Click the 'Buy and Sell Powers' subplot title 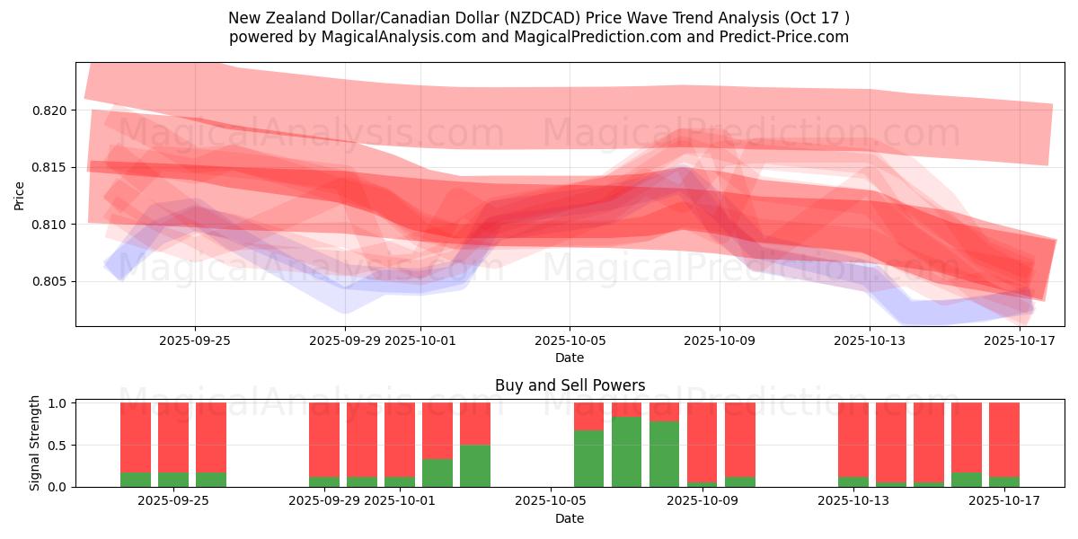(570, 385)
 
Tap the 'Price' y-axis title (20, 194)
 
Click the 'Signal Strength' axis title (35, 442)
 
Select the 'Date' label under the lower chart (570, 518)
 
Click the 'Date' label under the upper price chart (570, 358)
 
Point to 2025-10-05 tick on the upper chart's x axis (570, 340)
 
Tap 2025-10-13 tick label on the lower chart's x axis (870, 501)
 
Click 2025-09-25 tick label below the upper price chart (195, 340)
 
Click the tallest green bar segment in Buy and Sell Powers (627, 452)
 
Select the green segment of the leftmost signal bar (136, 480)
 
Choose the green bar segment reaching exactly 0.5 (475, 465)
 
